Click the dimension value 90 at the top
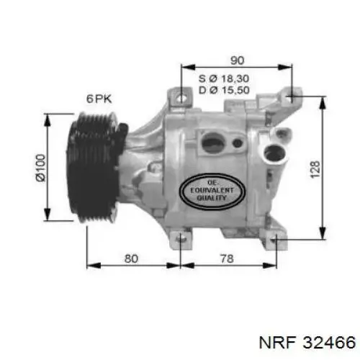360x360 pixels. click(237, 60)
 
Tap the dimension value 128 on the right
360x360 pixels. click(315, 169)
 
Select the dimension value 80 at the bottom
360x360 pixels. click(131, 258)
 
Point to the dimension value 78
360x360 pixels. click(227, 258)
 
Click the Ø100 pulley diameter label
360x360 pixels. click(40, 168)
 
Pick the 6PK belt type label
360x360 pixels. click(99, 99)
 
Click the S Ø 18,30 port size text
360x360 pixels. click(224, 78)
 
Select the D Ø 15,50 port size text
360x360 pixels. click(224, 90)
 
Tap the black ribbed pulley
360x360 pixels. click(96, 167)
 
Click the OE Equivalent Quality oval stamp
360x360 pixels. click(212, 192)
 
